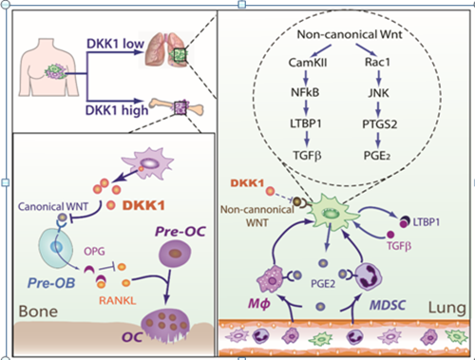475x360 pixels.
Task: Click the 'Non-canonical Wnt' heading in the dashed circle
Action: [x=350, y=34]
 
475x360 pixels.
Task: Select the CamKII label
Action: [x=308, y=63]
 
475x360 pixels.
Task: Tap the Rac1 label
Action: [x=377, y=62]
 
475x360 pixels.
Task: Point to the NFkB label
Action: [x=305, y=92]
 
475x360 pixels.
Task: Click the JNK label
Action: [x=378, y=93]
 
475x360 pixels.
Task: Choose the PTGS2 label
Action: [x=379, y=124]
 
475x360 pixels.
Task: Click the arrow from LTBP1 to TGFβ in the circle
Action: [x=306, y=139]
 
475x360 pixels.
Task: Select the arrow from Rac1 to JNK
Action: [x=378, y=78]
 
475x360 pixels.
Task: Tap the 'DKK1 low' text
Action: [x=115, y=44]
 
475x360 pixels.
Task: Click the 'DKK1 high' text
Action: [x=117, y=110]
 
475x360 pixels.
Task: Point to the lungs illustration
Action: [x=166, y=49]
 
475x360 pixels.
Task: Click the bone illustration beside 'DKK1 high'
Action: [x=177, y=107]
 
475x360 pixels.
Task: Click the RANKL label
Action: [x=118, y=300]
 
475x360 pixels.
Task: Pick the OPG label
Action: [x=94, y=252]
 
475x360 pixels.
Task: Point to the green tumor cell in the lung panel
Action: [x=332, y=212]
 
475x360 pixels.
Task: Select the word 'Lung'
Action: [x=447, y=308]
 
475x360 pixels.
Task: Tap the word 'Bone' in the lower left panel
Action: [x=38, y=312]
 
